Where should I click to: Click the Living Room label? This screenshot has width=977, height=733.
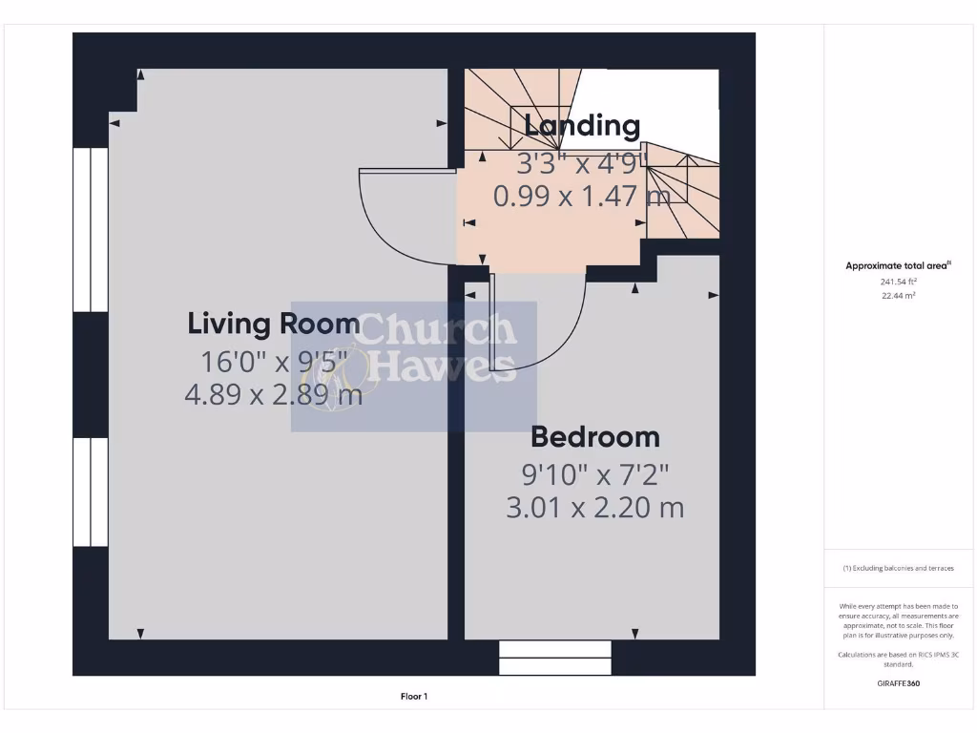(274, 324)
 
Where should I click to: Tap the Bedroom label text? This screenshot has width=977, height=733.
(594, 437)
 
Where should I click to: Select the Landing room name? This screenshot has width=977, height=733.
(582, 125)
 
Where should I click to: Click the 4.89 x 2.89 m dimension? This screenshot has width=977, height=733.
(274, 394)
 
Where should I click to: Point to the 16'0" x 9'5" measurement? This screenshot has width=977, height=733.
(274, 362)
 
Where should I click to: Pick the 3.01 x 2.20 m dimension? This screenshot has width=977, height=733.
(594, 508)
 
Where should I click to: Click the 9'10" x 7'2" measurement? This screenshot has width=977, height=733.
(594, 473)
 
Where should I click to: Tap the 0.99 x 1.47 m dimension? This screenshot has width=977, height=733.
(581, 196)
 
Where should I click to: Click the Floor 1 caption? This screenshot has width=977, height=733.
(414, 697)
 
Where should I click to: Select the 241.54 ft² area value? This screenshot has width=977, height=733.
(898, 282)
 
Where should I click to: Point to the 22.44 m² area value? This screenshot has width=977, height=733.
(898, 296)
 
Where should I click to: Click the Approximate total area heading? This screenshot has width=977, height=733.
(898, 266)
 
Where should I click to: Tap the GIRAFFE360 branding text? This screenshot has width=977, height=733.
(898, 683)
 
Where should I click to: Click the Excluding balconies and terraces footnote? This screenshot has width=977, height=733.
(898, 568)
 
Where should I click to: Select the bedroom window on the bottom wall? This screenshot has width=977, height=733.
(555, 658)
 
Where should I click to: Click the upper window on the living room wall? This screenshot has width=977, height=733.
(92, 229)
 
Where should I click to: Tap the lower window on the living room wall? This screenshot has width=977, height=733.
(92, 492)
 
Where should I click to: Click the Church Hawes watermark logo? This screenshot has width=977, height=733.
(414, 366)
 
